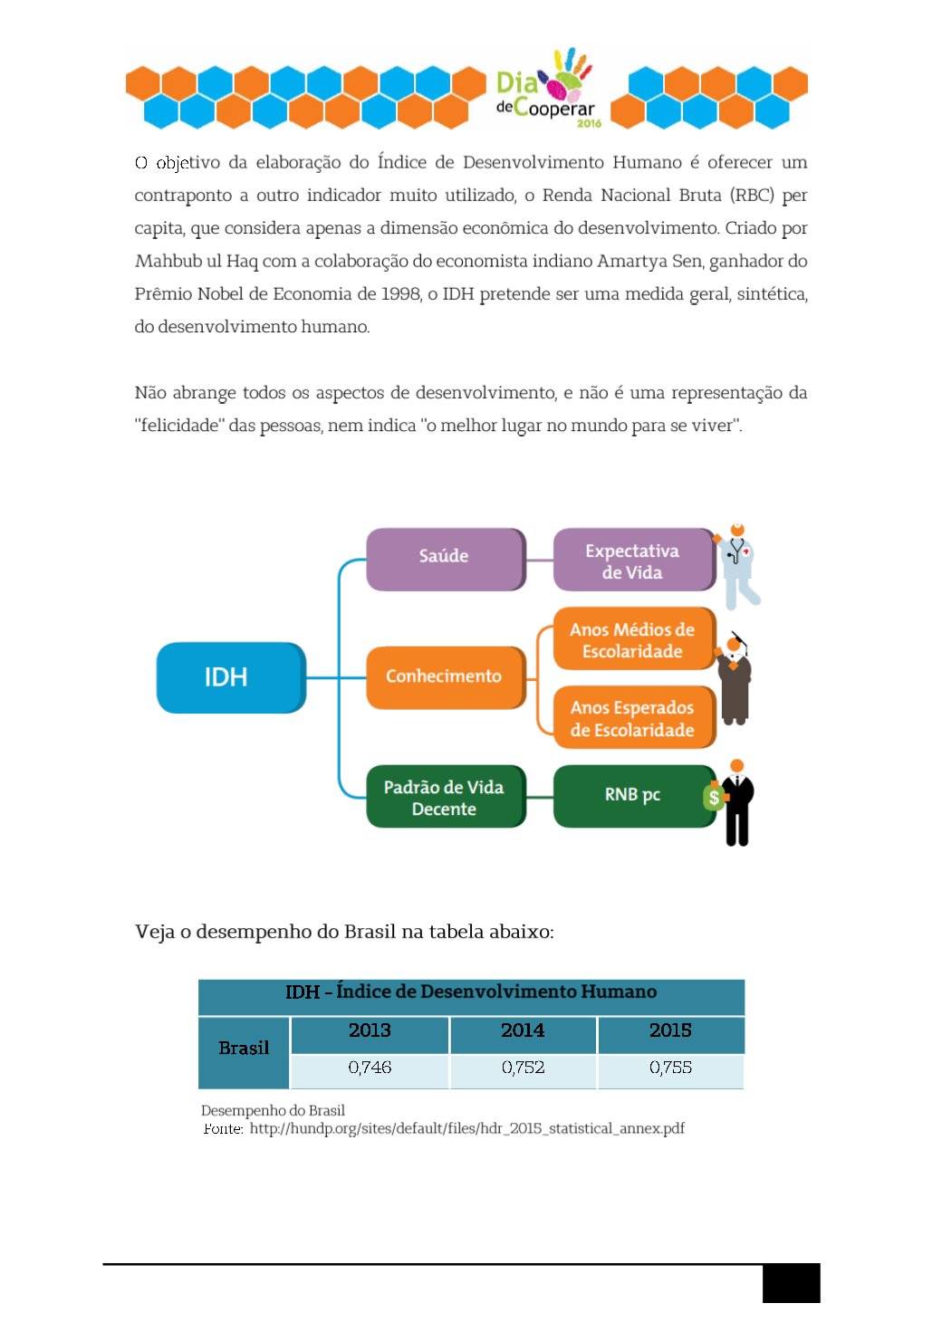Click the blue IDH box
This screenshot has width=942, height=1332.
tap(230, 677)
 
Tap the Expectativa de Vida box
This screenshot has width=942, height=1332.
tap(632, 561)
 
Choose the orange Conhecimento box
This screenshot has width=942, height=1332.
tap(444, 677)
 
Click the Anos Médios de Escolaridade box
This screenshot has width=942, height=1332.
tap(632, 639)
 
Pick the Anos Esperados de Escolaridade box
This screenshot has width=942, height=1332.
tap(632, 718)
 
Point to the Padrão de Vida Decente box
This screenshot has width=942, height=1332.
tap(444, 797)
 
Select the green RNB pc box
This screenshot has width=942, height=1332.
tap(632, 795)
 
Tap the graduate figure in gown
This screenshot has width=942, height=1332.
tap(735, 679)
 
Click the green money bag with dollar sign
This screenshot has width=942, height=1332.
tap(714, 797)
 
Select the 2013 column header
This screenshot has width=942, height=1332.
tap(370, 1030)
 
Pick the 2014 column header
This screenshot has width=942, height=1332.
tap(523, 1030)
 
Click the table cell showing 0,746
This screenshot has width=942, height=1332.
tap(370, 1068)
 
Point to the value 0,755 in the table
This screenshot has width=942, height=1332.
tap(670, 1068)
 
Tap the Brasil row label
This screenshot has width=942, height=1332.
tap(244, 1049)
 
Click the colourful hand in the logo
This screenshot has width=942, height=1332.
tap(569, 74)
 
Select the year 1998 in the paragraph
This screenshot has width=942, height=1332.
tap(401, 293)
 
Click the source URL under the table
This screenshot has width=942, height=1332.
tap(466, 1128)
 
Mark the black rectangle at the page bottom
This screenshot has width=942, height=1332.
tap(791, 1283)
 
